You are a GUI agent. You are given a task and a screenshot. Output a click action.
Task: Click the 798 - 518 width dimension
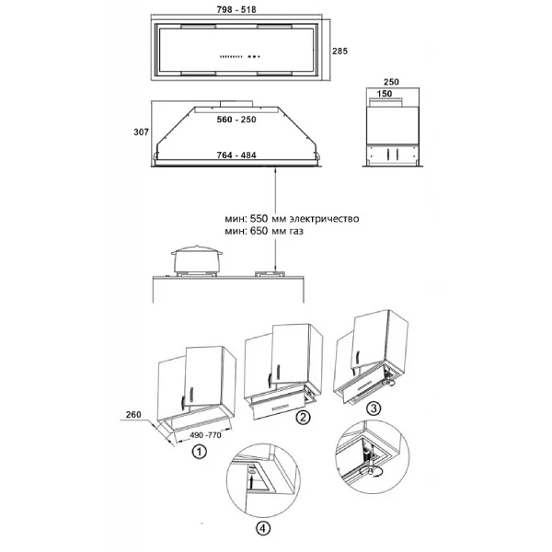point(236,9)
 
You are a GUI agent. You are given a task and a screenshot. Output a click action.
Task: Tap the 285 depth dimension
point(339,51)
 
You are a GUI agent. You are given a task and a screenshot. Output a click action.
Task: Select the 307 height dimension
point(141,132)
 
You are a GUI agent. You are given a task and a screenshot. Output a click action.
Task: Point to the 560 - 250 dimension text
point(236,120)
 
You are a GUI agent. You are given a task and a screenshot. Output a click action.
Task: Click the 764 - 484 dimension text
point(236,155)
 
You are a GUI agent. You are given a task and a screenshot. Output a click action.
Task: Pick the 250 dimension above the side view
point(391,82)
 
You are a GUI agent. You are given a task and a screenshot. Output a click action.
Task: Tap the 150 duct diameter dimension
point(384,94)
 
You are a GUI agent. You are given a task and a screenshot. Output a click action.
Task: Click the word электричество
point(324,219)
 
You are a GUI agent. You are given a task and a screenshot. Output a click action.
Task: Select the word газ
point(295,231)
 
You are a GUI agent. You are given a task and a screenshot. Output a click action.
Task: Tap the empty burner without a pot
point(270,274)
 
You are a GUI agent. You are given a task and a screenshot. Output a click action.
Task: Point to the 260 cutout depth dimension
point(133,415)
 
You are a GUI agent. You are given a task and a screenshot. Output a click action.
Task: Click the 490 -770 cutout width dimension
point(205,435)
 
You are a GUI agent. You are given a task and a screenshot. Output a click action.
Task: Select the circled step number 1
point(199,452)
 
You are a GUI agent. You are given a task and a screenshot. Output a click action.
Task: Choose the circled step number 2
point(303,418)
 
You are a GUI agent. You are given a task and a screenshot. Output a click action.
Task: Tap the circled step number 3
point(374,408)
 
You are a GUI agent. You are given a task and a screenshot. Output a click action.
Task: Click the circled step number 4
point(263,528)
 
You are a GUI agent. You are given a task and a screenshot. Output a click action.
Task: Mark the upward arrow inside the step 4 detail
point(252,481)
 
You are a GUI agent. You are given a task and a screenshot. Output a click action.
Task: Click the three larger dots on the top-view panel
point(254,56)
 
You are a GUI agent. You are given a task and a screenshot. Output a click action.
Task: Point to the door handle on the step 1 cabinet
point(191,396)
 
